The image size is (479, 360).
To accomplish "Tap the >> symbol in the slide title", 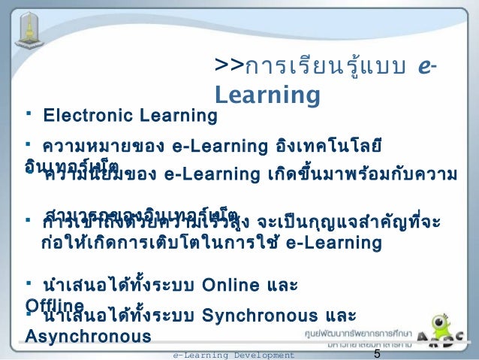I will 227,66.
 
